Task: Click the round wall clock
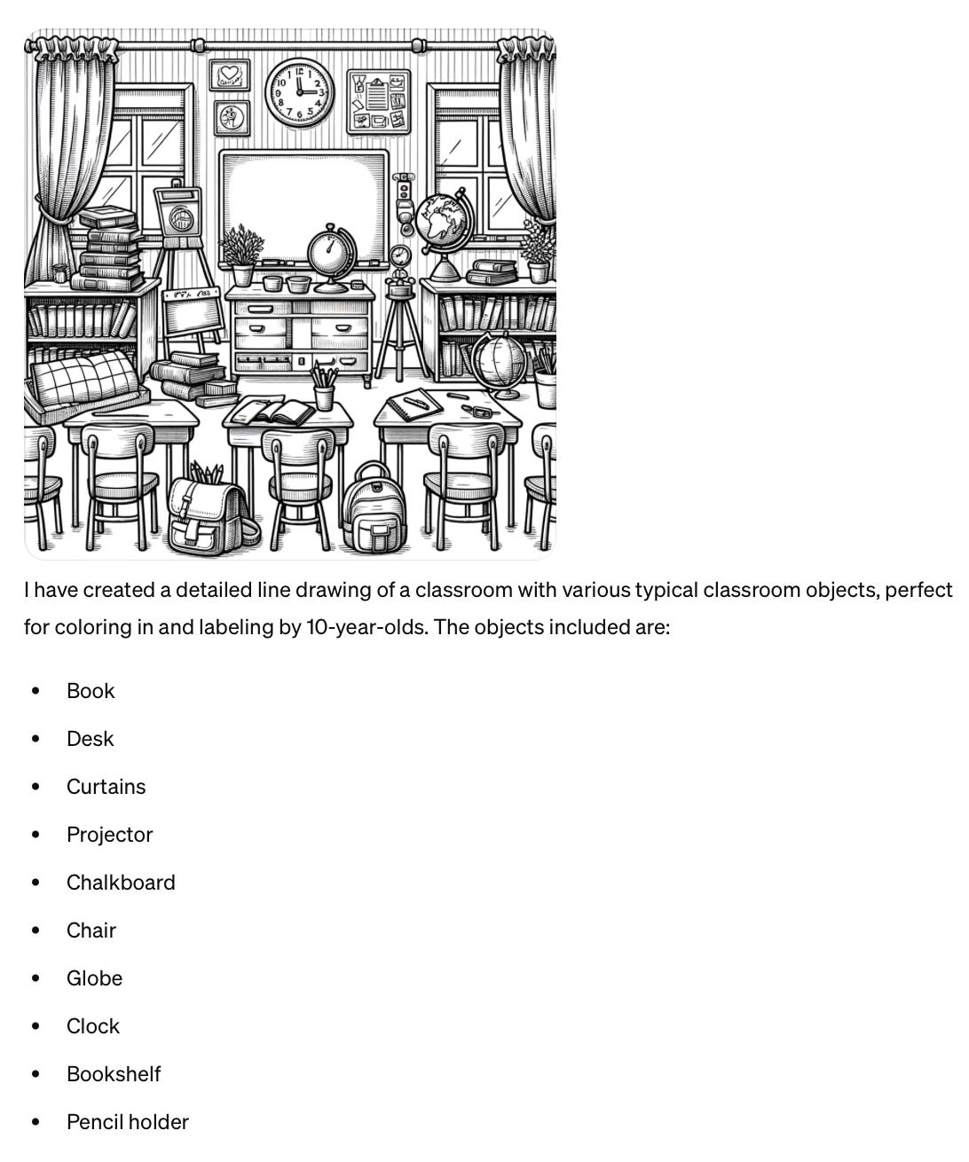point(300,92)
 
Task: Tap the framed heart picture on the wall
point(230,75)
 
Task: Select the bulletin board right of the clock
point(379,102)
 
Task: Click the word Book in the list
point(91,691)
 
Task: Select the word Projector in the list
point(110,834)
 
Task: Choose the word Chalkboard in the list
point(121,882)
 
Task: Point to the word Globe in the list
point(95,977)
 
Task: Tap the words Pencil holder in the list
point(128,1121)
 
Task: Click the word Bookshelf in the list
point(114,1073)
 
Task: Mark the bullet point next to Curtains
point(36,787)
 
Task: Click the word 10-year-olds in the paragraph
point(367,627)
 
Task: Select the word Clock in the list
point(93,1025)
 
